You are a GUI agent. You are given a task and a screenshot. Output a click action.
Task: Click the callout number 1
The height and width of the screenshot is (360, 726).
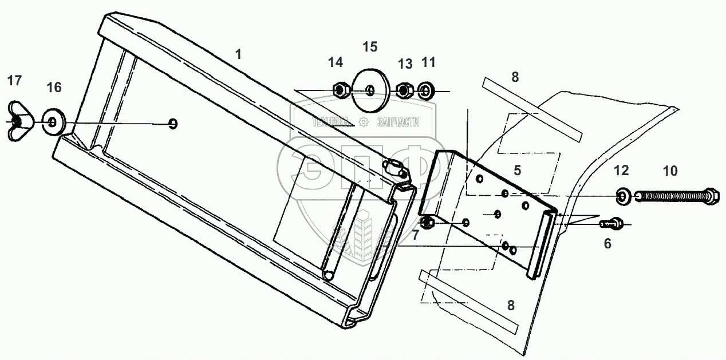coord(238,54)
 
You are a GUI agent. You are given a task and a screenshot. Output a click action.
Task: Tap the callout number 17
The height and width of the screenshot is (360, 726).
coord(14,81)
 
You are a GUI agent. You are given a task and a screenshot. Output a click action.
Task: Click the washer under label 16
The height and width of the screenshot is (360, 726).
coord(53,121)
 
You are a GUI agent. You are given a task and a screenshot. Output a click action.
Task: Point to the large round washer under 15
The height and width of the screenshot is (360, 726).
coord(370,90)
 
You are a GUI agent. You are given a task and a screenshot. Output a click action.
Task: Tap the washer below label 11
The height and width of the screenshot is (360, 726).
coord(426,90)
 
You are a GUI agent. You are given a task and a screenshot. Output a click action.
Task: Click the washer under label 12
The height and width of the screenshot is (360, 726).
coord(622,197)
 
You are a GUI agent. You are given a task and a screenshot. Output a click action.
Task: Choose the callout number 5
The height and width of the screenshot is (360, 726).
coord(517,169)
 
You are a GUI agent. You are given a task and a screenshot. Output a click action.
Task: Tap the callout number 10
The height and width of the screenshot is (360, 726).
coord(669,170)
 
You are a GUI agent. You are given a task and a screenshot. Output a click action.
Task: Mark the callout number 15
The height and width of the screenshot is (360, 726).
coord(370,45)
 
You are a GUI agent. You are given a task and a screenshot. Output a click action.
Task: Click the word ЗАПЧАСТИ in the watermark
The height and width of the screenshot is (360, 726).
coord(398,122)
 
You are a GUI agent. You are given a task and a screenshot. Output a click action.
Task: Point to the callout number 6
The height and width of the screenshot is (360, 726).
coord(607,243)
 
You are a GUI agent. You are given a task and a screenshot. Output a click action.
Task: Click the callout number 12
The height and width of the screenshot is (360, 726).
coord(621,170)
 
